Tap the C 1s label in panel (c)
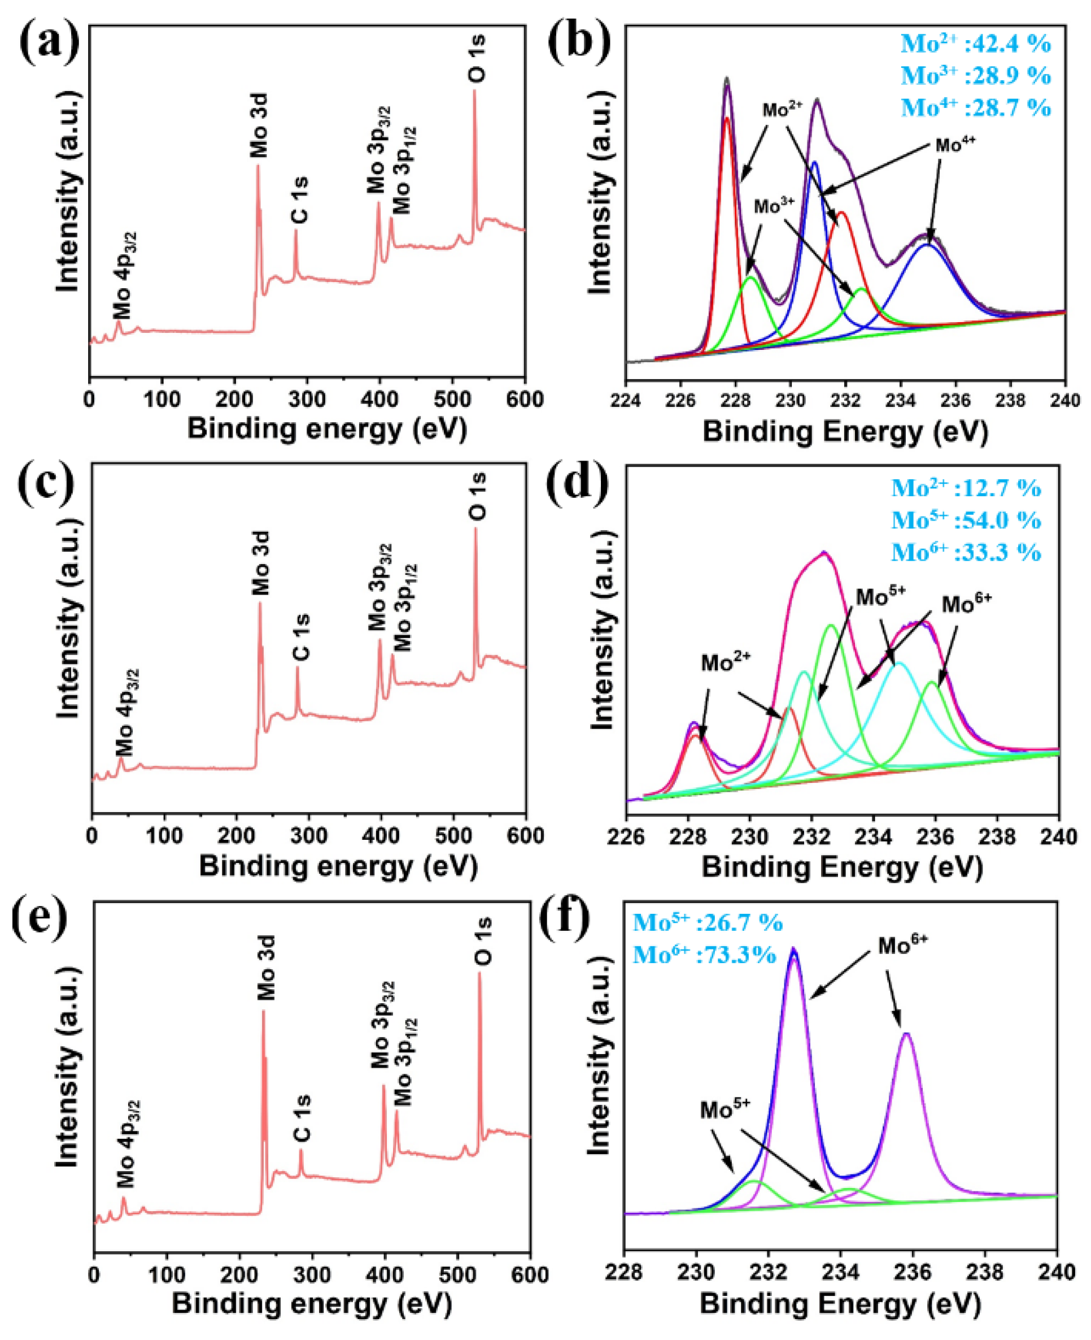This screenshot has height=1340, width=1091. pos(302,638)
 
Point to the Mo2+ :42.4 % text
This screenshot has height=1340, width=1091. pos(976,44)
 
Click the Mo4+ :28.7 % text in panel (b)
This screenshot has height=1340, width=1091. pos(976,107)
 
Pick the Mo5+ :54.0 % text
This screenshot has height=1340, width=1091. pos(967,520)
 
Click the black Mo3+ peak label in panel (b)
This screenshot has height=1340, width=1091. pos(775,206)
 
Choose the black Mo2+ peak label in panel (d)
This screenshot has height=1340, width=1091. pos(726,663)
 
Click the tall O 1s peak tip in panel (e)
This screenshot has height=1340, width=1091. pos(479,973)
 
